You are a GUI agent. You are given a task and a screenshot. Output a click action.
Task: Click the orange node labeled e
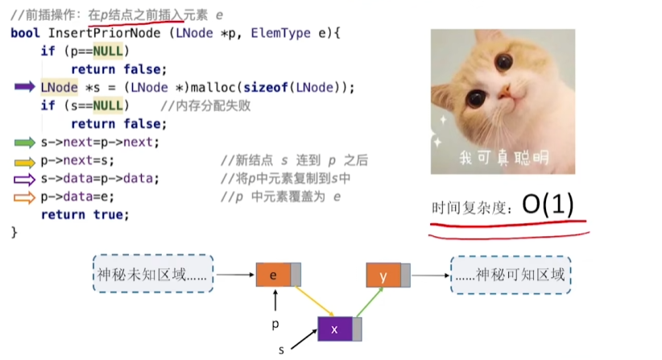(274, 275)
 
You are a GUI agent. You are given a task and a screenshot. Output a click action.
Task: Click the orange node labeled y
(383, 275)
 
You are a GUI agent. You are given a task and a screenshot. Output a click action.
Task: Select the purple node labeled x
(334, 329)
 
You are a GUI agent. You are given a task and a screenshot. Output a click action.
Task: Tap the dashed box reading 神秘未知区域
(152, 275)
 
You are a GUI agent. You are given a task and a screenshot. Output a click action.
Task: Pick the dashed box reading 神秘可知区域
(511, 275)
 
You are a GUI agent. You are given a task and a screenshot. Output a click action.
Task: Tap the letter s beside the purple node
(280, 350)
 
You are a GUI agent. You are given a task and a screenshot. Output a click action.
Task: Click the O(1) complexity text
(548, 205)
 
